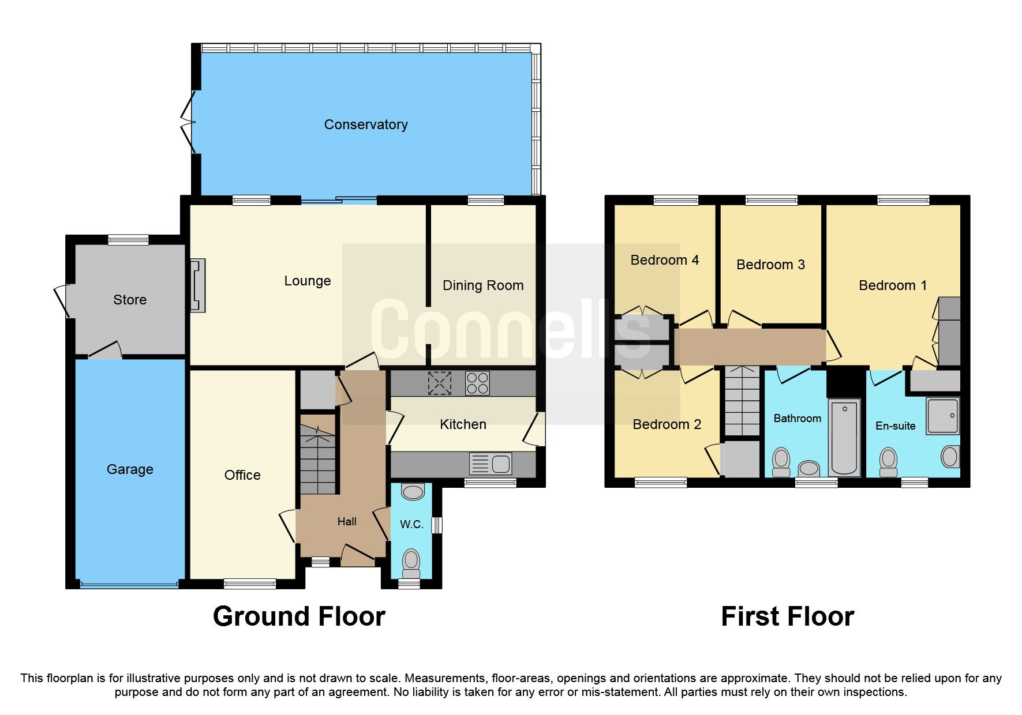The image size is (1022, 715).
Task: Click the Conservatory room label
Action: (x=365, y=125)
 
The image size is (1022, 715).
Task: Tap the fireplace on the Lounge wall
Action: (x=197, y=285)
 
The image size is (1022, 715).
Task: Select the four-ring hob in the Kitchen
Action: (x=477, y=383)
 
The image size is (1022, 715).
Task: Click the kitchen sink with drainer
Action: (x=491, y=464)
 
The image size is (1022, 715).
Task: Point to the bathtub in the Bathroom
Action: (x=844, y=437)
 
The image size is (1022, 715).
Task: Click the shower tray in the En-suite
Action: (x=942, y=415)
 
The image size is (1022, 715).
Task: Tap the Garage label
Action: (x=130, y=469)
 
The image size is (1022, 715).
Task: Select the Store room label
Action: (x=130, y=300)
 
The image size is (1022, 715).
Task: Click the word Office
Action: (x=242, y=475)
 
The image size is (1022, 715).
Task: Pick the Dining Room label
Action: (x=483, y=285)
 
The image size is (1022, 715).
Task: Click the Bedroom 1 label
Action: (x=892, y=285)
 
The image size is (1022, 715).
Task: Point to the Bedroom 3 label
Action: (x=770, y=265)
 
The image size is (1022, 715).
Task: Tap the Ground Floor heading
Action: (x=299, y=616)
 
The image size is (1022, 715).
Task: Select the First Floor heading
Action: (x=787, y=616)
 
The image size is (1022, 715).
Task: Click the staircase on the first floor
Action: (x=742, y=401)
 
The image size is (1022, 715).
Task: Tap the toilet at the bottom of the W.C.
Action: (x=411, y=563)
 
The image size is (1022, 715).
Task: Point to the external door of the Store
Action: (x=62, y=300)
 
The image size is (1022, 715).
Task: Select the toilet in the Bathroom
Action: (x=781, y=462)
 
